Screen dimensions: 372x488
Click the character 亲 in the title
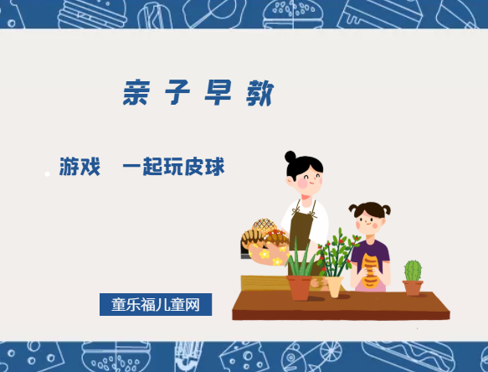pyautogui.click(x=136, y=93)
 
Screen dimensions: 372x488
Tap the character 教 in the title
pyautogui.click(x=259, y=93)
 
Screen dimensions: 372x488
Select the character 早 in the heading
pyautogui.click(x=218, y=93)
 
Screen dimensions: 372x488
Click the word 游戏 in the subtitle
pyautogui.click(x=80, y=167)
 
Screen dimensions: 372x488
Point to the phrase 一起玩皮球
pyautogui.click(x=173, y=167)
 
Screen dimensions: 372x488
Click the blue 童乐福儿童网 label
pyautogui.click(x=156, y=304)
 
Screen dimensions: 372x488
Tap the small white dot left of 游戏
pyautogui.click(x=47, y=174)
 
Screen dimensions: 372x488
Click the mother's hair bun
pyautogui.click(x=290, y=157)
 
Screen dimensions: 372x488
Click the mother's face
pyautogui.click(x=306, y=178)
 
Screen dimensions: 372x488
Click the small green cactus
pyautogui.click(x=413, y=271)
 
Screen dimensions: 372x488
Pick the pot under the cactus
pyautogui.click(x=413, y=287)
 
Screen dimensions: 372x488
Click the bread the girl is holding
pyautogui.click(x=369, y=270)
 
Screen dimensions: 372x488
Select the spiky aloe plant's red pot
pyautogui.click(x=300, y=287)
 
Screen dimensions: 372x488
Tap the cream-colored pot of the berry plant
pyautogui.click(x=335, y=286)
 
